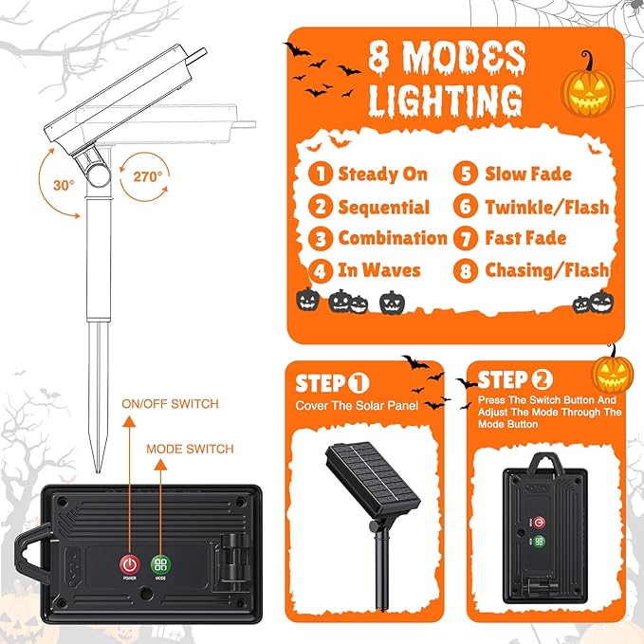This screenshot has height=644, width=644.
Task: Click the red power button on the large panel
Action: pyautogui.click(x=129, y=564)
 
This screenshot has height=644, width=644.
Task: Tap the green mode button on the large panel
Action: pyautogui.click(x=160, y=564)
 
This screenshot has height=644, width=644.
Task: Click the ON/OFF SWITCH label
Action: pyautogui.click(x=170, y=404)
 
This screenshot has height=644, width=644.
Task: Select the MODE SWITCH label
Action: pyautogui.click(x=190, y=449)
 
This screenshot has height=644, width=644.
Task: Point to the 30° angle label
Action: pyautogui.click(x=64, y=185)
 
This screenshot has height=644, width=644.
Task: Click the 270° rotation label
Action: pyautogui.click(x=148, y=176)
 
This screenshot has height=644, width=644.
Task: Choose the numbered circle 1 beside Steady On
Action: pyautogui.click(x=321, y=174)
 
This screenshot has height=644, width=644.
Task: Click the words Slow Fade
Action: pyautogui.click(x=528, y=174)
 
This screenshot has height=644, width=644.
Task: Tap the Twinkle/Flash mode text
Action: pyautogui.click(x=547, y=207)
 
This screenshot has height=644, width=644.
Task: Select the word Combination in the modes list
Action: pyautogui.click(x=393, y=238)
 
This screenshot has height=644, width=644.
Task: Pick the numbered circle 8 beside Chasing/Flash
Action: pyautogui.click(x=466, y=271)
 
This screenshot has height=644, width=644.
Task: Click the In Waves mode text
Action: pyautogui.click(x=379, y=270)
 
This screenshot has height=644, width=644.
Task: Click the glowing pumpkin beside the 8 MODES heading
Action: pyautogui.click(x=588, y=88)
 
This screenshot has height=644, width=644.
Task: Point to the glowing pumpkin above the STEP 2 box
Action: pyautogui.click(x=613, y=373)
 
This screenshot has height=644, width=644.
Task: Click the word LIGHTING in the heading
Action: pyautogui.click(x=445, y=101)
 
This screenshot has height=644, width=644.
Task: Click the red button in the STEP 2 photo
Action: pyautogui.click(x=539, y=523)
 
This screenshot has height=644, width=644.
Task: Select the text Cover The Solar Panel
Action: pyautogui.click(x=357, y=406)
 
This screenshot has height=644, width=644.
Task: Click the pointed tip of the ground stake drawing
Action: pyautogui.click(x=98, y=471)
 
